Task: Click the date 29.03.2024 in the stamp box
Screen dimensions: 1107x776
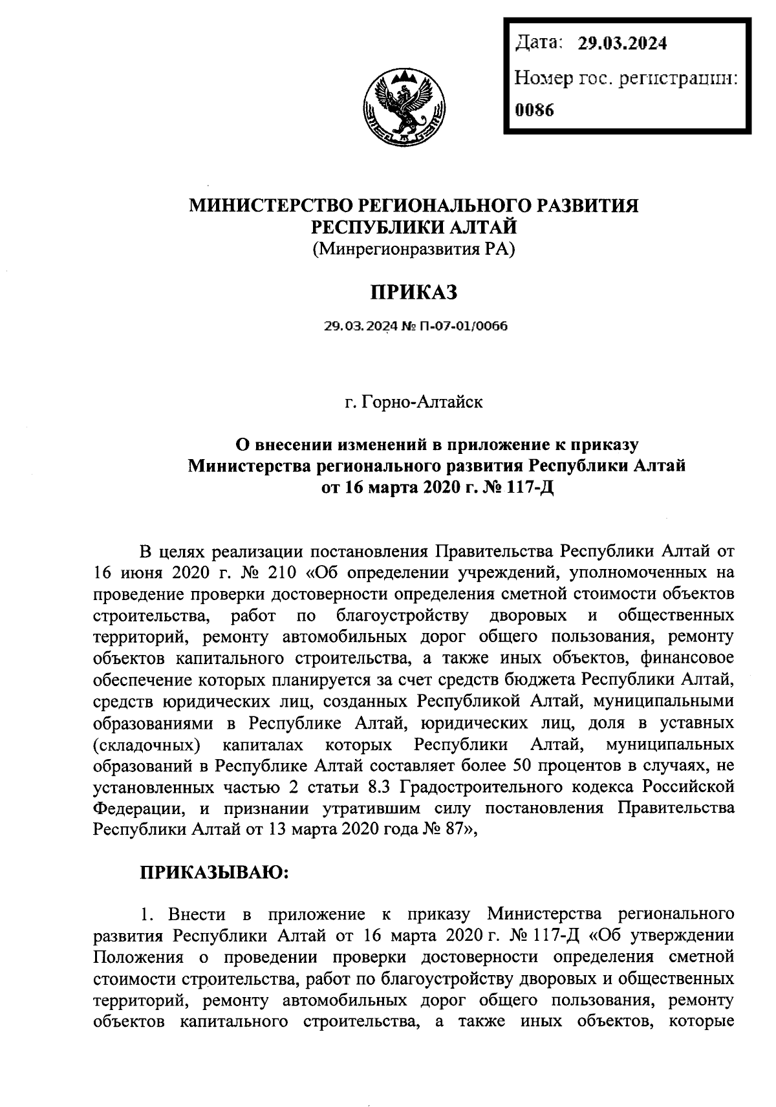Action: pyautogui.click(x=622, y=44)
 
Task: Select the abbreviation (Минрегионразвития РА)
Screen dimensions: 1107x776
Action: pyautogui.click(x=413, y=248)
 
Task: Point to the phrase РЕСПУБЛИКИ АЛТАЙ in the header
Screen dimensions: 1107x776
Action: pyautogui.click(x=413, y=226)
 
